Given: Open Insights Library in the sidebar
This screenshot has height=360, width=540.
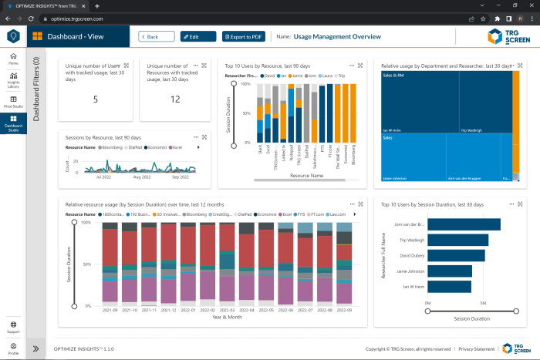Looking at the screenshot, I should click(13, 79).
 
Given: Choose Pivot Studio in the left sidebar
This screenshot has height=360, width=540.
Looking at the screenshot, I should click(13, 102).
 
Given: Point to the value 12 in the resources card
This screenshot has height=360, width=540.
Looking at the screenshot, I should click(175, 99).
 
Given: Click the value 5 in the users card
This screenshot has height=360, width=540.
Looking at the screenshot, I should click(96, 99).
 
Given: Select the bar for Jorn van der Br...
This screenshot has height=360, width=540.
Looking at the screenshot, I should click(464, 224).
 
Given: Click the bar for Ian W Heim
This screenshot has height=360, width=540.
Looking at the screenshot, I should click(449, 286).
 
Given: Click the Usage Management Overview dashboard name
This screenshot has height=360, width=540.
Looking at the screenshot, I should click(336, 36).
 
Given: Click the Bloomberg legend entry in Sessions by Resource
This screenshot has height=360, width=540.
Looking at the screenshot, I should click(113, 146).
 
